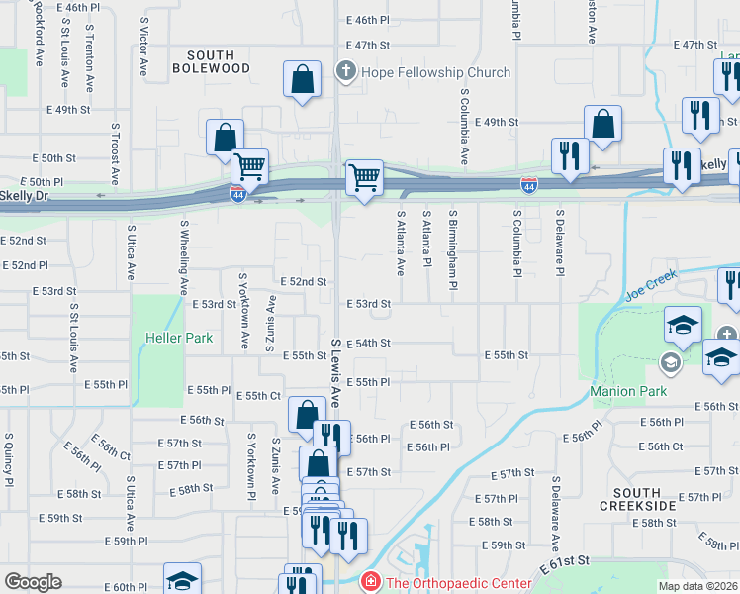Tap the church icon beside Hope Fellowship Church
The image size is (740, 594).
[x=345, y=71]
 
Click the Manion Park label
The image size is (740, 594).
[x=628, y=391]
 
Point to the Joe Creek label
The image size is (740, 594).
[x=650, y=284]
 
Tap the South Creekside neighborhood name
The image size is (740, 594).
[x=637, y=499]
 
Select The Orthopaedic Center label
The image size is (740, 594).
[x=458, y=582]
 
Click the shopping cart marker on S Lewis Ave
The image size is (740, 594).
[x=364, y=178]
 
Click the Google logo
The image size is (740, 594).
[x=33, y=582]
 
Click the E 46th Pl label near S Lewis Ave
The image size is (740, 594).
[x=367, y=20]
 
